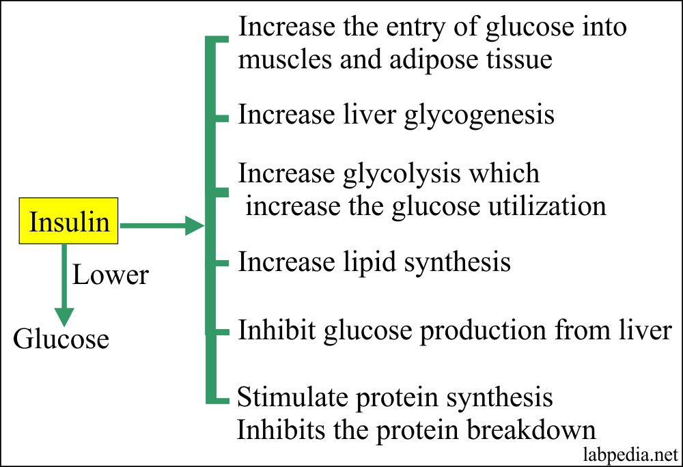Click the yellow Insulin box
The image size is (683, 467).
pyautogui.click(x=68, y=222)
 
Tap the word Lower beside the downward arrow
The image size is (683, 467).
pyautogui.click(x=110, y=275)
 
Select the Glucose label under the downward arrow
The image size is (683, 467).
pyautogui.click(x=61, y=339)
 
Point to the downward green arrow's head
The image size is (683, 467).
pyautogui.click(x=64, y=315)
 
